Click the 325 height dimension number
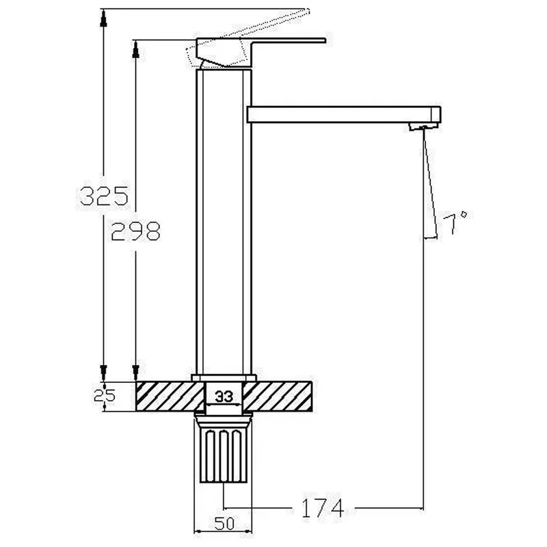point(104,196)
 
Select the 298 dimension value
point(135,231)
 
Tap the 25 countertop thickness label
point(105,395)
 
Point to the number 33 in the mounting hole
point(224,397)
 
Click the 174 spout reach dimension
point(322,508)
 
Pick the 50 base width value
point(224,524)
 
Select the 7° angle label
point(455,223)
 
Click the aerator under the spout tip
point(423,127)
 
